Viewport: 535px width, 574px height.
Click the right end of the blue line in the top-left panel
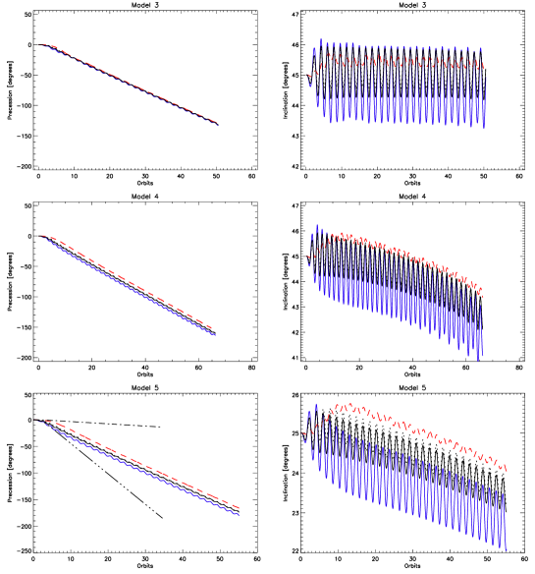coord(218,127)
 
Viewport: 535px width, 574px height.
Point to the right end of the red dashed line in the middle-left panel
coord(213,328)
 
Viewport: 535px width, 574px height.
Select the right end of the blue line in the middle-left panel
coord(215,335)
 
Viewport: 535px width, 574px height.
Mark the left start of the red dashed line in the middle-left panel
coord(41,236)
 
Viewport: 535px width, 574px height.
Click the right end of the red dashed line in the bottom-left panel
coord(239,508)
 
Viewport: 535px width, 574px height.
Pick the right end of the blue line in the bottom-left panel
coord(239,514)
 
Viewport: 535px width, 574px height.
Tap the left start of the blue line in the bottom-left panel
coord(36,421)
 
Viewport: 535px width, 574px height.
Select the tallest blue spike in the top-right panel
coord(321,40)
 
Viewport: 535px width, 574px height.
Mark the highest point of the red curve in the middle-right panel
coord(339,235)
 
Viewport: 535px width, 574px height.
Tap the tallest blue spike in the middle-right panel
coord(316,224)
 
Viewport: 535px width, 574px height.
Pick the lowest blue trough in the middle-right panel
coord(478,361)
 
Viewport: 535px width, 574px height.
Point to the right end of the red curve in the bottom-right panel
coord(507,470)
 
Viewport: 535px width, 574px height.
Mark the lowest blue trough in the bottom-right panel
coord(506,550)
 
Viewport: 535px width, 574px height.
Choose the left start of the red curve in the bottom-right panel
coord(303,432)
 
